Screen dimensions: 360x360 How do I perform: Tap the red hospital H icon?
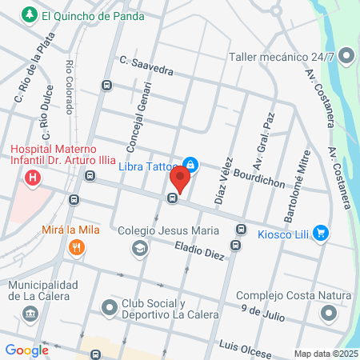(x=33, y=178)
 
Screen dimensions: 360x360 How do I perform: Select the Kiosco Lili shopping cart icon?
(x=321, y=233)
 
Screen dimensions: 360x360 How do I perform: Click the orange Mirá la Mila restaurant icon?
(x=76, y=248)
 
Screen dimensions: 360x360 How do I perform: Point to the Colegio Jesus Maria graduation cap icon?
(x=141, y=248)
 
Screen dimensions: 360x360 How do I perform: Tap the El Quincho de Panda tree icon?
(x=30, y=14)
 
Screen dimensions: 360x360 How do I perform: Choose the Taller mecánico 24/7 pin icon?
(x=346, y=56)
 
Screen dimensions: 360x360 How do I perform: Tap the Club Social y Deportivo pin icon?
(x=109, y=307)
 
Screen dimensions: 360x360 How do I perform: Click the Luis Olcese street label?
(x=246, y=346)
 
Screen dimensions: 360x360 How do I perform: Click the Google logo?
(x=26, y=350)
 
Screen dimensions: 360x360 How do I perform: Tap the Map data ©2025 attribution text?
(x=324, y=354)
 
